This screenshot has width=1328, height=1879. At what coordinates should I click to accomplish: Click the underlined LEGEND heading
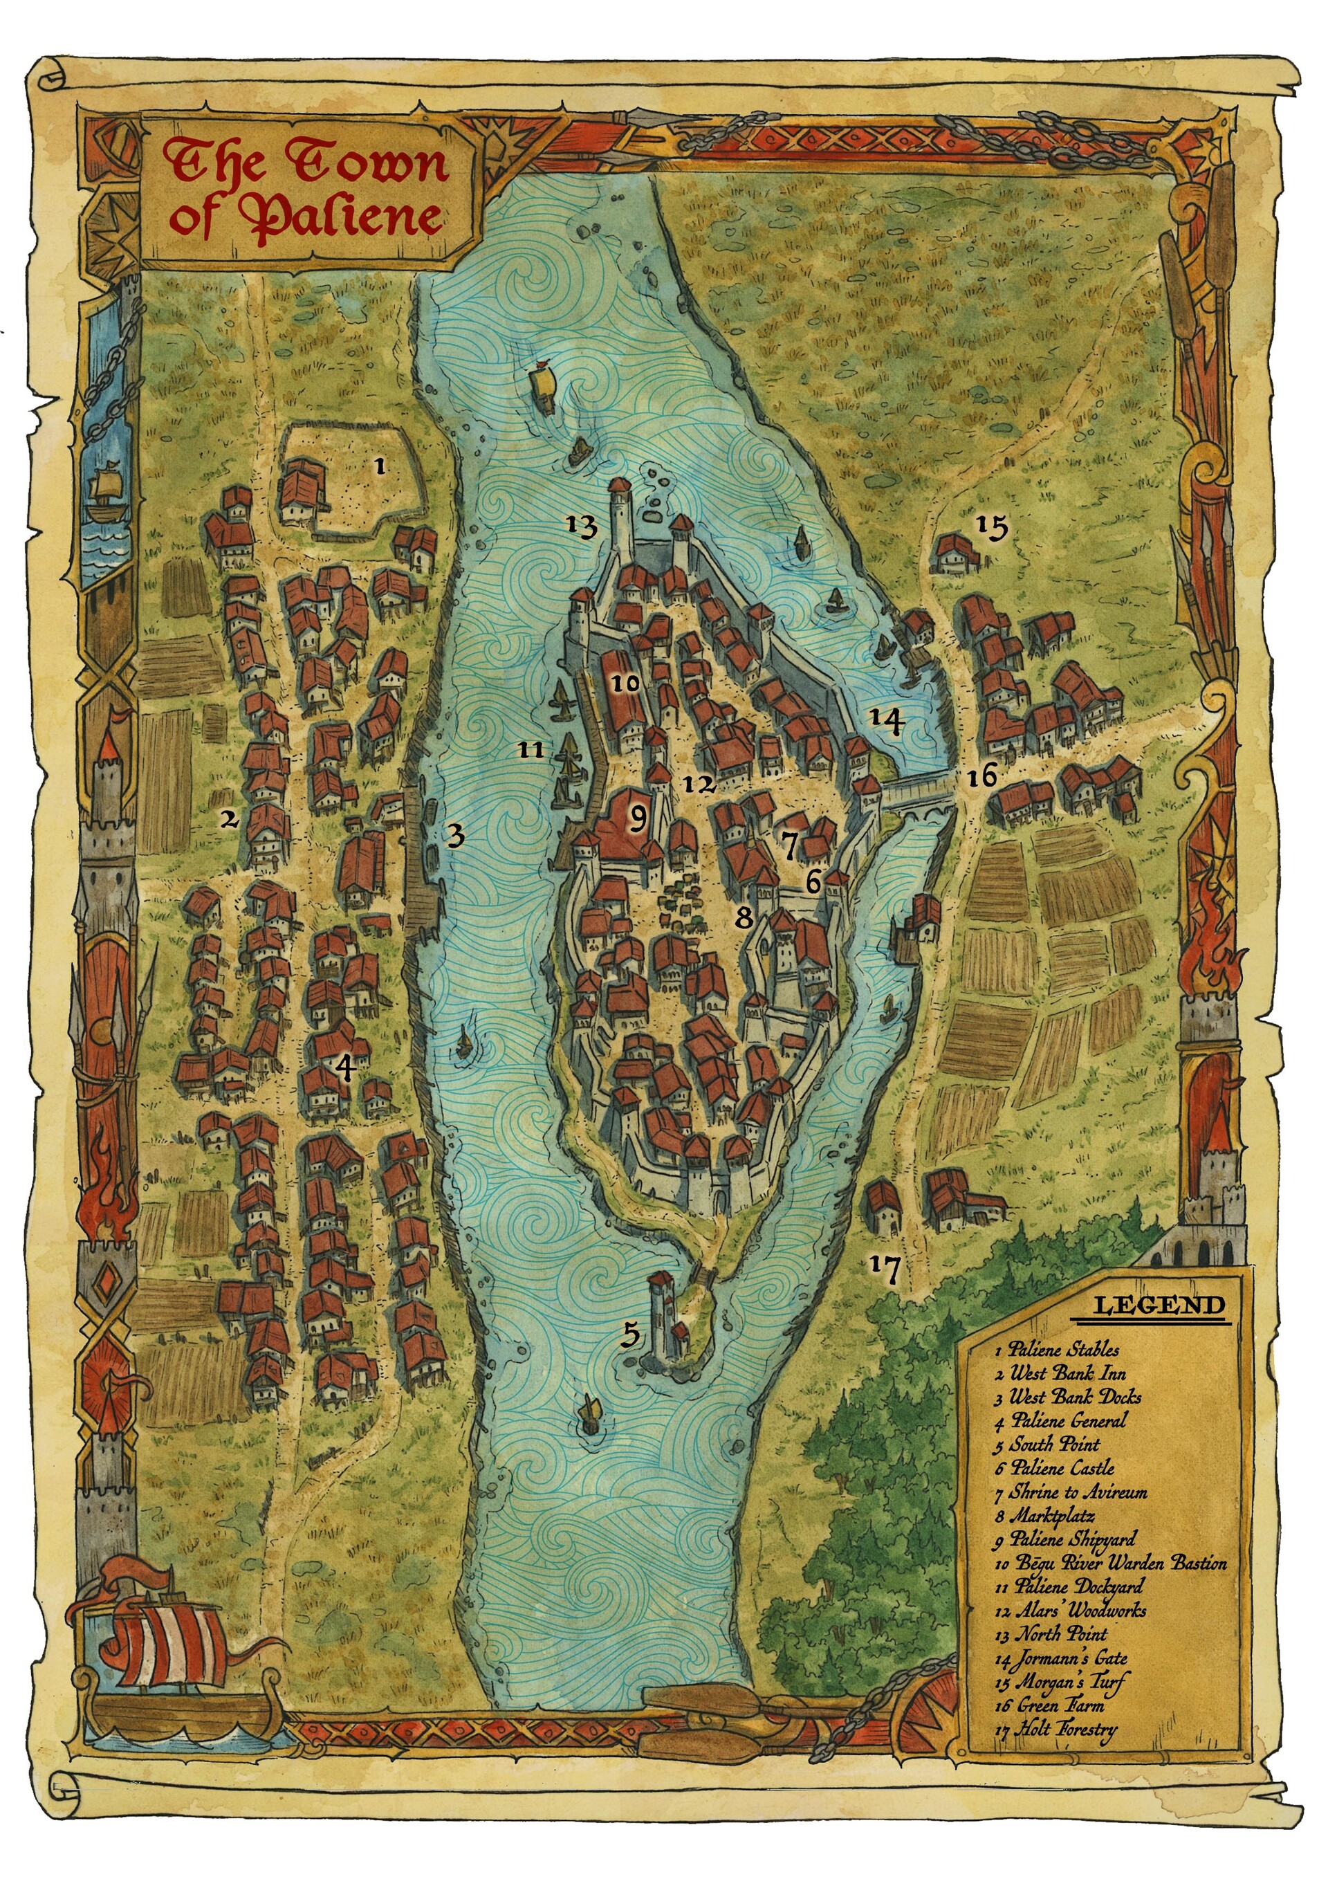pos(1159,1305)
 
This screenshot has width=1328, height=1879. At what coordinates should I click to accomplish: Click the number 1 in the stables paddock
pos(379,466)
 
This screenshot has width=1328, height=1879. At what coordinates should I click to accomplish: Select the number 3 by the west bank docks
pos(455,836)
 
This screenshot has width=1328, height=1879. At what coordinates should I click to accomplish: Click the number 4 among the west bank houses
pos(344,1066)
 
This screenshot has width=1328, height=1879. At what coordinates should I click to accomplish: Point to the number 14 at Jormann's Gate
pos(886,720)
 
